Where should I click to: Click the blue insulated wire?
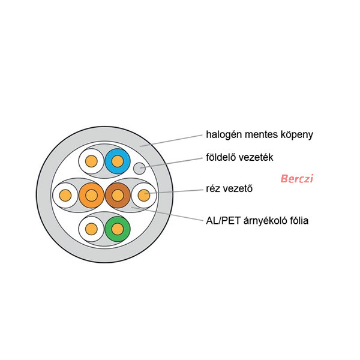118,161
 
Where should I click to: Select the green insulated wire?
118,229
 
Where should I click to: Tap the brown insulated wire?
118,195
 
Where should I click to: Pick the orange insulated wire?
91,195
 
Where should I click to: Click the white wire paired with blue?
91,161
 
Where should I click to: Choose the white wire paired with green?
91,229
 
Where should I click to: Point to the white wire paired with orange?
65,195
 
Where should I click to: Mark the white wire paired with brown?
144,195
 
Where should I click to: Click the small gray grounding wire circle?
139,168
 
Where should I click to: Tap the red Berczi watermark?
297,178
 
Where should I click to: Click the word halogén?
224,135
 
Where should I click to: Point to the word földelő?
221,157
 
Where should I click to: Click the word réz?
213,189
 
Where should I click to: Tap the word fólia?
298,220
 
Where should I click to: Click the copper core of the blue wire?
118,161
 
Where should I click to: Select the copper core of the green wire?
118,229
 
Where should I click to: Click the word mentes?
262,135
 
